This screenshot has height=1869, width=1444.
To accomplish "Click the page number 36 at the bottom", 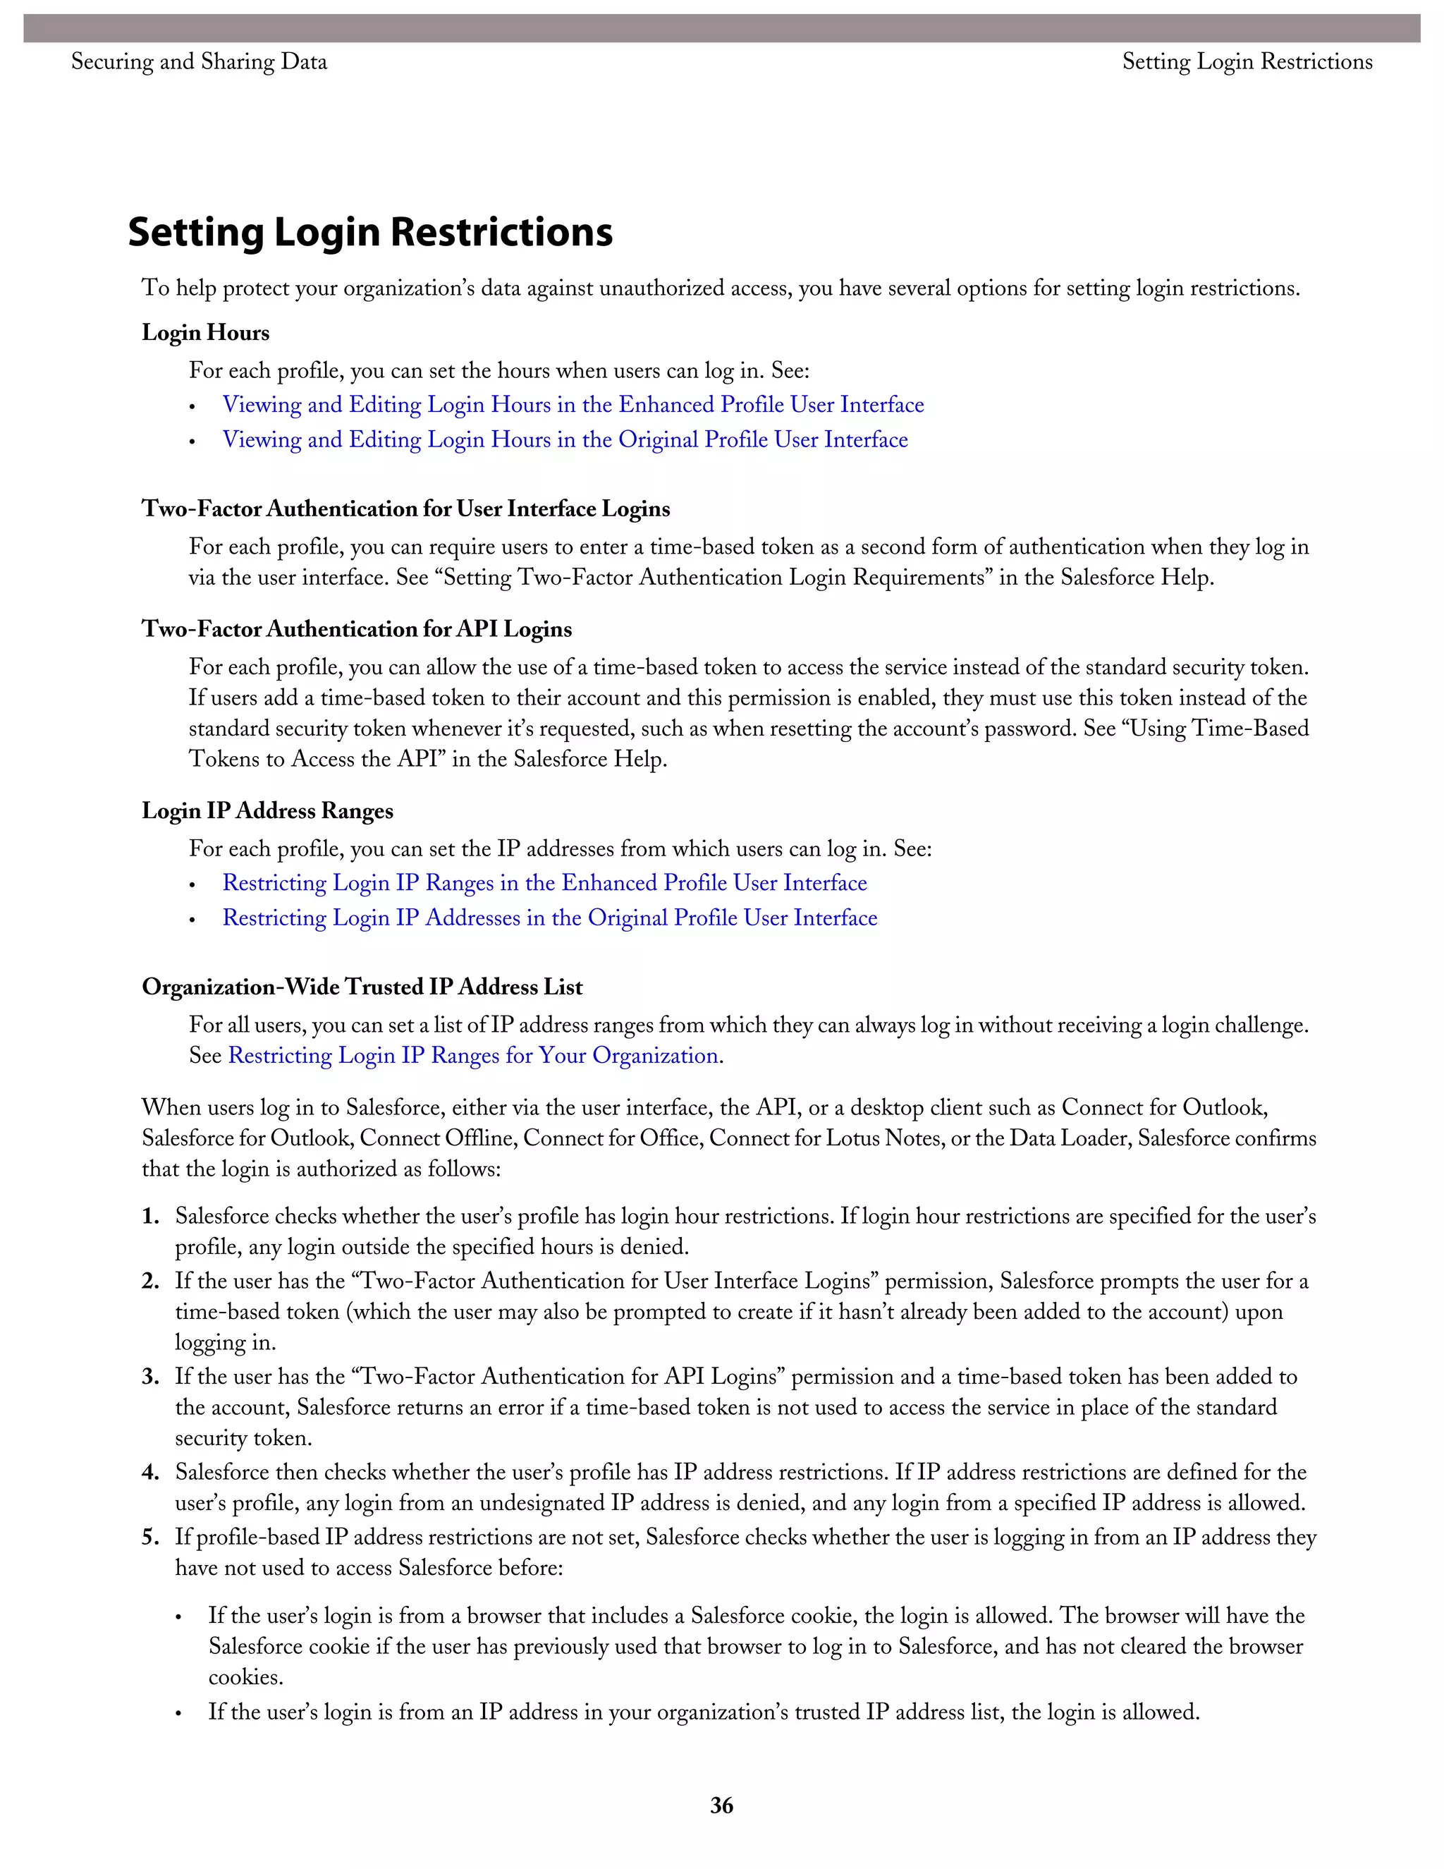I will (721, 1805).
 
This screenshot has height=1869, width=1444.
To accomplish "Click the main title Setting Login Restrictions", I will (369, 232).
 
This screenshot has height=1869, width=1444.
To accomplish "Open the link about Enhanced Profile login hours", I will (573, 404).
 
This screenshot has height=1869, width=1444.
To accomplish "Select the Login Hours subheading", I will (205, 332).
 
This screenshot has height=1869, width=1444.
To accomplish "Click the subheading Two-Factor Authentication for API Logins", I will (357, 629).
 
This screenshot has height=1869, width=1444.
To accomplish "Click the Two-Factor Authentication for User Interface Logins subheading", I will (405, 509).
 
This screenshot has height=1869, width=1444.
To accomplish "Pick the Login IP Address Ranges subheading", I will (267, 810).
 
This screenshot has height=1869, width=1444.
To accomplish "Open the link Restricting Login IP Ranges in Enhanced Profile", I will (544, 882).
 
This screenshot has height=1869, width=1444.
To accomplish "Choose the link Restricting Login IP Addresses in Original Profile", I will (549, 918).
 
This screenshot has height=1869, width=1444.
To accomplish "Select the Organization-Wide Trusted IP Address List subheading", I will (362, 987).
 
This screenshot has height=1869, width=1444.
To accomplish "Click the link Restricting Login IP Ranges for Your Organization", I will (473, 1055).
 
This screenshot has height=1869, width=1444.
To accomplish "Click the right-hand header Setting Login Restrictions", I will (1247, 61).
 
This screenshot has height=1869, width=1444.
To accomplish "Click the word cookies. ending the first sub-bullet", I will (245, 1677).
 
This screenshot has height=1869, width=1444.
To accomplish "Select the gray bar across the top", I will (721, 28).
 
